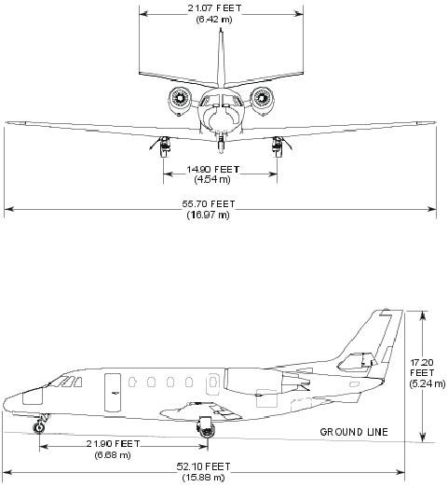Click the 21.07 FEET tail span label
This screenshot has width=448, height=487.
(214, 8)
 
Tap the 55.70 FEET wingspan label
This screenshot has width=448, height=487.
(209, 204)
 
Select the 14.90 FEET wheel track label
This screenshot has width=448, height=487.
(213, 170)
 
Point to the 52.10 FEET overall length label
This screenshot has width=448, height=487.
(203, 466)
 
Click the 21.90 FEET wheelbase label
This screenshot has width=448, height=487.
(114, 443)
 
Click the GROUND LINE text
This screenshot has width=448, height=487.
(354, 432)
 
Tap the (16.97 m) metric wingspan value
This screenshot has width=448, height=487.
(209, 215)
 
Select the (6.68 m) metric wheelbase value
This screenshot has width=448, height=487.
(113, 454)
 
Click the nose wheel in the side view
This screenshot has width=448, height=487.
(39, 427)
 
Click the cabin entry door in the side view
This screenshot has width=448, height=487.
(113, 393)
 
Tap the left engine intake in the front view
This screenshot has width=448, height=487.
(180, 98)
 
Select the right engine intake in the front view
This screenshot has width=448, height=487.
(262, 98)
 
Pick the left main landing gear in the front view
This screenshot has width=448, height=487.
(164, 146)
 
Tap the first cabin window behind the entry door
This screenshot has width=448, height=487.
(132, 383)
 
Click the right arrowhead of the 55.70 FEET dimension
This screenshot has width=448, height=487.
(432, 209)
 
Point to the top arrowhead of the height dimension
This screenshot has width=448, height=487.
(422, 315)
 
